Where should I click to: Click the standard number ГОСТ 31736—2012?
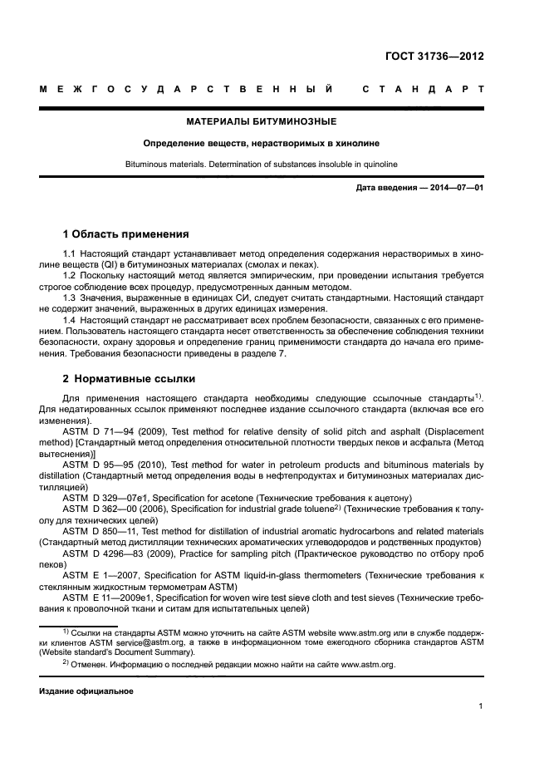(434, 57)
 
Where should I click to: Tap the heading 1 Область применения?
(126, 234)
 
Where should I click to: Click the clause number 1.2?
(71, 273)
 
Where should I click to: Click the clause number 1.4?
(71, 320)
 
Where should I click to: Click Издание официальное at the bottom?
(86, 691)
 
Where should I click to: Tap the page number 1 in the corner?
(481, 706)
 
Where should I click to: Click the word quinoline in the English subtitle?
(376, 164)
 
